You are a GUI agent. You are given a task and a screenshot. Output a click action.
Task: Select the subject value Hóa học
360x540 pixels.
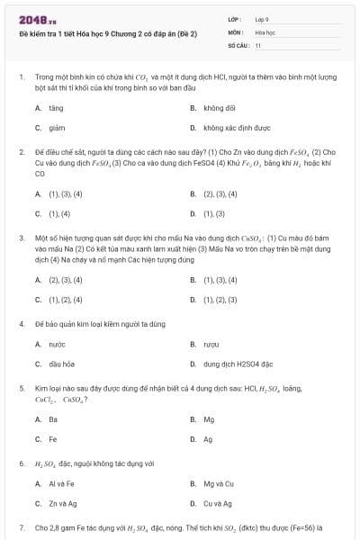tap(265, 31)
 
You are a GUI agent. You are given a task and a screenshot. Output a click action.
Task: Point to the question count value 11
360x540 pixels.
tap(258, 44)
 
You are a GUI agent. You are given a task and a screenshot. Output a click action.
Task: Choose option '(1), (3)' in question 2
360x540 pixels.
tap(214, 214)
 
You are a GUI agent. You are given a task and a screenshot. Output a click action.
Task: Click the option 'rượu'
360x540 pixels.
tap(211, 344)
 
